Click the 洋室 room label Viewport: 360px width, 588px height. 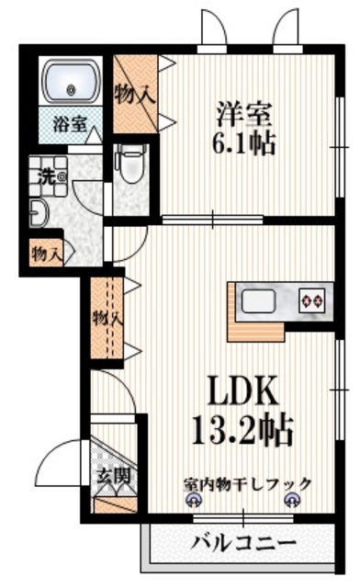(243, 114)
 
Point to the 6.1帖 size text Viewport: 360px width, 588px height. (244, 145)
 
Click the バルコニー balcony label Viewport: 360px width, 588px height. (243, 541)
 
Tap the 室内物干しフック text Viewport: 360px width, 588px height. (246, 483)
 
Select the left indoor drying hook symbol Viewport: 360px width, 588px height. (195, 500)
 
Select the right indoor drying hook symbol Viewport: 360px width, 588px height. (292, 500)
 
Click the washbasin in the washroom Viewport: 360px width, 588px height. (36, 213)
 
